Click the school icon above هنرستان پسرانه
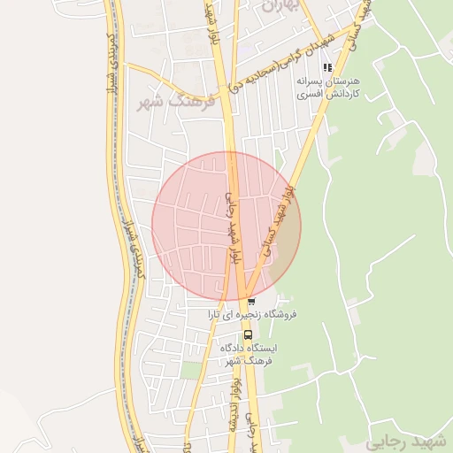(x=327, y=66)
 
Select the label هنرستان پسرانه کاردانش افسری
(x=328, y=87)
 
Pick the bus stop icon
(x=248, y=334)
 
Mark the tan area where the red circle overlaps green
(x=283, y=257)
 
